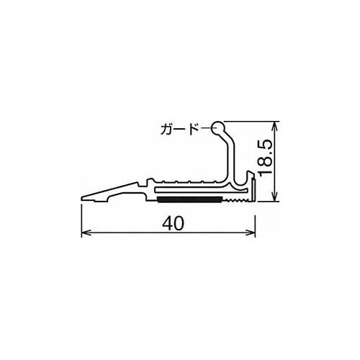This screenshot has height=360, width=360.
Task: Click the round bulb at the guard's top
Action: tap(220, 127)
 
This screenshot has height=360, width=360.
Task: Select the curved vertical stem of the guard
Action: tap(231, 155)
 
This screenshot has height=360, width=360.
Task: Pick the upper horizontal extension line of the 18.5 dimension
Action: tap(252, 120)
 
